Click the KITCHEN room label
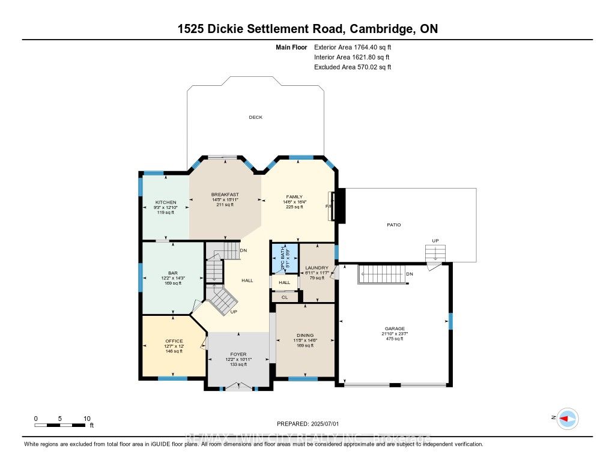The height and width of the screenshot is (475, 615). click(x=165, y=202)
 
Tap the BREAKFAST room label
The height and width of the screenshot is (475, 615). click(x=225, y=195)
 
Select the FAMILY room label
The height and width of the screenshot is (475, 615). click(x=294, y=196)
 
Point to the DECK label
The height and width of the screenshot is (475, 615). click(x=256, y=118)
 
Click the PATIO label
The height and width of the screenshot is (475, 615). click(x=393, y=225)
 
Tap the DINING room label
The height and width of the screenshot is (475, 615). click(x=305, y=336)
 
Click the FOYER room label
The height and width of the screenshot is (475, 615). click(x=238, y=354)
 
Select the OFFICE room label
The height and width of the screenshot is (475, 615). click(x=174, y=341)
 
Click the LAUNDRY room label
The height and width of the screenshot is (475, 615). click(x=317, y=268)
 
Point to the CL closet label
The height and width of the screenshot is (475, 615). click(x=285, y=297)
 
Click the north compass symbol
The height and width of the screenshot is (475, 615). click(x=566, y=418)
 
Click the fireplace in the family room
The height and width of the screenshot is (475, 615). click(x=339, y=207)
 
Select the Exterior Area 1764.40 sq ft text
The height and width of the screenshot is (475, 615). click(x=353, y=47)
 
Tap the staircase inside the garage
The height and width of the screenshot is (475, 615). click(x=385, y=275)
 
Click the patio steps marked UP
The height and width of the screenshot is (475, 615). click(x=435, y=253)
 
